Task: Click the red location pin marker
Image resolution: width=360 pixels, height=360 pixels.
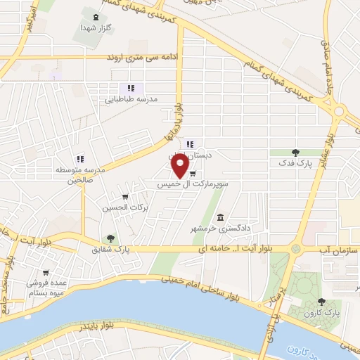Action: click(180, 166)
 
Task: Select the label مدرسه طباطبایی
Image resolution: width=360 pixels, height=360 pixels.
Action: click(131, 99)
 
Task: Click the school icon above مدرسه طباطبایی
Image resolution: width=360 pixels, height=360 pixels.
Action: click(130, 88)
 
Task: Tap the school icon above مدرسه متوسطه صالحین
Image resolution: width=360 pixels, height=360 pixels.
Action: click(79, 158)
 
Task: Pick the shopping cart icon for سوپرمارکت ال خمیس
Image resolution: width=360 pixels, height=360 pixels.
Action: click(192, 174)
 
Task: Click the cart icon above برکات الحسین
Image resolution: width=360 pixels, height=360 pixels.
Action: click(125, 197)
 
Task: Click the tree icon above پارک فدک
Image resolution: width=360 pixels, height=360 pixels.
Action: click(295, 152)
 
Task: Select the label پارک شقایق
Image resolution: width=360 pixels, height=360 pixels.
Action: click(111, 250)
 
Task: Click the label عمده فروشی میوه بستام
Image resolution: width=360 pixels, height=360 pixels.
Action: click(47, 288)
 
